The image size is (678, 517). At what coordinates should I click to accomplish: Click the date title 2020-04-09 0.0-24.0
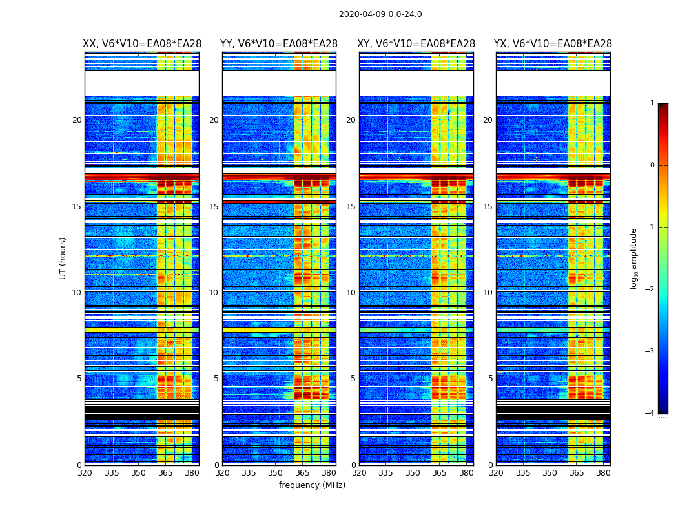pos(380,14)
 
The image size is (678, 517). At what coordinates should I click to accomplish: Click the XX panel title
pos(142,44)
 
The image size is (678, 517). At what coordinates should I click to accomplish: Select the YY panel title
pos(279,44)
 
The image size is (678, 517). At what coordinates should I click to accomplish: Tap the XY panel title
pos(416,44)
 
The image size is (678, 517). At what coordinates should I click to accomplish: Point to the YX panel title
pos(553,44)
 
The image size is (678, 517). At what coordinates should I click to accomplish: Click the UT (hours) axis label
pos(63,258)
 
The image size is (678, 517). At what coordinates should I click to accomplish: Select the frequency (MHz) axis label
pos(312,485)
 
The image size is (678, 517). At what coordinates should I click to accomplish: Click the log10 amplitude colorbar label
pos(634,258)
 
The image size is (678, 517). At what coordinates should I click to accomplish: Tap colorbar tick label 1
pos(652,103)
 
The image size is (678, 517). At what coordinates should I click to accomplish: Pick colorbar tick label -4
pos(650,414)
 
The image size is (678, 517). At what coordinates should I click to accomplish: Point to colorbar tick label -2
pos(650,290)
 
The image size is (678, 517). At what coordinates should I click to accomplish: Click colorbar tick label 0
pos(652,165)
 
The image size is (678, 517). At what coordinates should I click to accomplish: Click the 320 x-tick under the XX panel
pos(85,473)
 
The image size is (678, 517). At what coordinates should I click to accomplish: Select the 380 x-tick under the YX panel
pos(603,473)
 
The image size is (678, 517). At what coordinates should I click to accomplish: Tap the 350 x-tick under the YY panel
pos(276,473)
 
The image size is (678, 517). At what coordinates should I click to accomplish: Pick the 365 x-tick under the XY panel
pos(439,473)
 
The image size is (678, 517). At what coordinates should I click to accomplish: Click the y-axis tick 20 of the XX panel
pos(77,120)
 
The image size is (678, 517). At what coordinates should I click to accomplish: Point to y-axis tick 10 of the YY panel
pos(214,293)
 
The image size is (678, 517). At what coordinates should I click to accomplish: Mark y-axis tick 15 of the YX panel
pos(488,207)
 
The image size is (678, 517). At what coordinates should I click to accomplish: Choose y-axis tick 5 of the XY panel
pos(353,379)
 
